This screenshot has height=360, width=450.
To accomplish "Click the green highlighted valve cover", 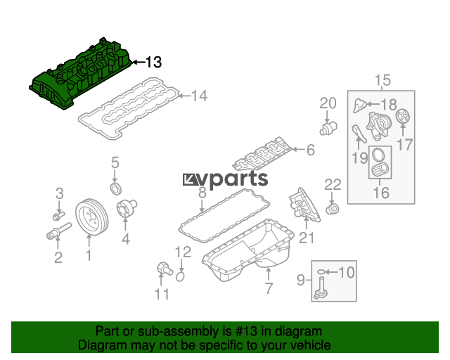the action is point(80,74).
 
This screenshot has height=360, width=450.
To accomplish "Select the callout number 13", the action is point(154,63).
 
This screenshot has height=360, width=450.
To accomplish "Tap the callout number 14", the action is point(199,96).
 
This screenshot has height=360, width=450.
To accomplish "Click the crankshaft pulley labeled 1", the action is point(92,217).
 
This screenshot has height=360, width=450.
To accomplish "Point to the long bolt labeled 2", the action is point(59,231).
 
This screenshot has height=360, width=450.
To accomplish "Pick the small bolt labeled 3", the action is point(58,216).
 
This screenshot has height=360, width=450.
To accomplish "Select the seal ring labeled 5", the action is point(116,188).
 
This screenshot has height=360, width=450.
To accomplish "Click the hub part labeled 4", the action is point(127,207).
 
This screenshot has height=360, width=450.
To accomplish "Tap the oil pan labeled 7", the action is point(248,250).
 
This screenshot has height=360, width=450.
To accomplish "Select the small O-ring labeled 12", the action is point(180,276).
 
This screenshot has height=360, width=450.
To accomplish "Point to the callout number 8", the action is point(202,193).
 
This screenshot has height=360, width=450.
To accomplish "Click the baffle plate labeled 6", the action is point(262,155).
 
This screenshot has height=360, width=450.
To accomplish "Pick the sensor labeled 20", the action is point(328,128).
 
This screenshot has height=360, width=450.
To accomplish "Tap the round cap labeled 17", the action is point(403,116).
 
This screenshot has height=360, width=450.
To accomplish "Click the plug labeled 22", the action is point(333,209).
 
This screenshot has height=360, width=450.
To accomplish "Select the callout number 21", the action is point(307,238).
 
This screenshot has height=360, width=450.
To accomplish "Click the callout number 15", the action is point(382,80).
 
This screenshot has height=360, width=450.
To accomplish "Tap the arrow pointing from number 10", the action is point(332,272).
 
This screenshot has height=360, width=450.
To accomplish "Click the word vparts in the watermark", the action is point(232,179).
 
